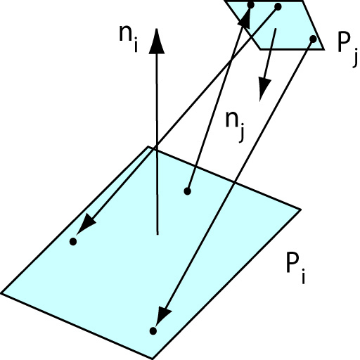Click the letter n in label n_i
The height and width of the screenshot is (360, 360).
pos(126,34)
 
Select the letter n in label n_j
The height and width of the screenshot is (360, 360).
pos(232,120)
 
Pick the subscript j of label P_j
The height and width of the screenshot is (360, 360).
pos(355,57)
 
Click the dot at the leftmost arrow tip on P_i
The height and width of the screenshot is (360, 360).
pos(73,241)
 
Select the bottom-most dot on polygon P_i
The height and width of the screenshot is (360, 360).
pos(153,331)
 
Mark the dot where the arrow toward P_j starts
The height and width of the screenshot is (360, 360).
pos(187,191)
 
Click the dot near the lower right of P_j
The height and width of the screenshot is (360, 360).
pos(313,39)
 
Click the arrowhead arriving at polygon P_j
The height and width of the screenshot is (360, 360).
pos(245,17)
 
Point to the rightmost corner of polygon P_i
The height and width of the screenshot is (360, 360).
pos(301,210)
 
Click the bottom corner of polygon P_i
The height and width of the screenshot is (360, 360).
pos(152,359)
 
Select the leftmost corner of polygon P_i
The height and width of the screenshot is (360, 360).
pos(1,293)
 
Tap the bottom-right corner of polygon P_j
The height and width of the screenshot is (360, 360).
pos(324,49)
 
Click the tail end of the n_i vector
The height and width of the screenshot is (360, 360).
pos(157,234)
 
